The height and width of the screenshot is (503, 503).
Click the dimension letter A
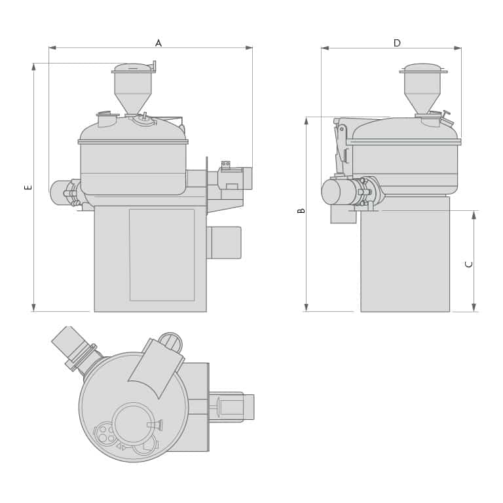click(x=158, y=43)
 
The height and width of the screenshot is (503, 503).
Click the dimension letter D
click(x=397, y=43)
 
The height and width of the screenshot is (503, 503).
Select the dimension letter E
click(x=28, y=187)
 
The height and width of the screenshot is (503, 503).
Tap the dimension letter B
click(x=301, y=210)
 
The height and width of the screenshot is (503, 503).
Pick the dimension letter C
click(x=469, y=264)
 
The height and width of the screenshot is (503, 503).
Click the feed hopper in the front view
click(x=133, y=88)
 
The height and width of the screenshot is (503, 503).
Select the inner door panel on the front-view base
click(x=162, y=255)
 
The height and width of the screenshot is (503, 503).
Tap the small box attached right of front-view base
click(x=225, y=242)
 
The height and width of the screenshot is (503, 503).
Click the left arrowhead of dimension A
click(x=52, y=48)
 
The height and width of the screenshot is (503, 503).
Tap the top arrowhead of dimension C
click(x=474, y=215)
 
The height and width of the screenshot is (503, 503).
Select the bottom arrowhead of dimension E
click(x=33, y=307)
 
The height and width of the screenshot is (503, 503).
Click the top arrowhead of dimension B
click(x=306, y=121)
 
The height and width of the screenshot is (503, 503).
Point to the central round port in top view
click(x=133, y=424)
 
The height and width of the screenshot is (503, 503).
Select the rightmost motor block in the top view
click(x=236, y=407)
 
